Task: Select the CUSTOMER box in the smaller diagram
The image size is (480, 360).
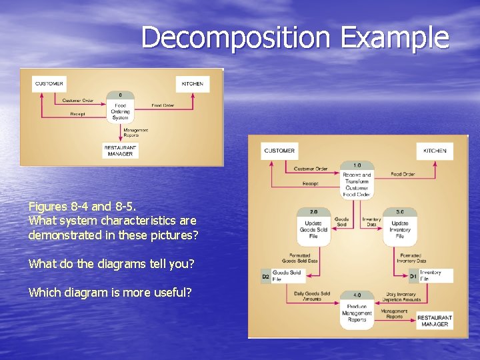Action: point(49,84)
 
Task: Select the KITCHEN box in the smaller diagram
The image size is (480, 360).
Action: point(193,84)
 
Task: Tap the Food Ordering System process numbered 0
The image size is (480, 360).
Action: point(120,108)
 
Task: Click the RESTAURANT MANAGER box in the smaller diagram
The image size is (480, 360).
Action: point(120,151)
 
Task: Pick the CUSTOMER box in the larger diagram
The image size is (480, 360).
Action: point(279,151)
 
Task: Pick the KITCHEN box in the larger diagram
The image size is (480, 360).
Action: point(435,151)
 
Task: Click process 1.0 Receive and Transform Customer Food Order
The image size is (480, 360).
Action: point(357,181)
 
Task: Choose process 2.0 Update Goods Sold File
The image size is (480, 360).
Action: point(313,227)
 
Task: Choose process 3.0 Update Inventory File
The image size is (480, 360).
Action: point(400,227)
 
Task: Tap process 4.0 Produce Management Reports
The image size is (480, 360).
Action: point(357,310)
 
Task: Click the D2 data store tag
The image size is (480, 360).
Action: point(265,276)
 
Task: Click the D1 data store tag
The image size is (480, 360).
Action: point(413,276)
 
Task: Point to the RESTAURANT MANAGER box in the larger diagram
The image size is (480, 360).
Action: point(435,320)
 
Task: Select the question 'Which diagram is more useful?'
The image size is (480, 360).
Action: point(110,293)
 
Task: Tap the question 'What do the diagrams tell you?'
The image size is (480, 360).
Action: point(111,264)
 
